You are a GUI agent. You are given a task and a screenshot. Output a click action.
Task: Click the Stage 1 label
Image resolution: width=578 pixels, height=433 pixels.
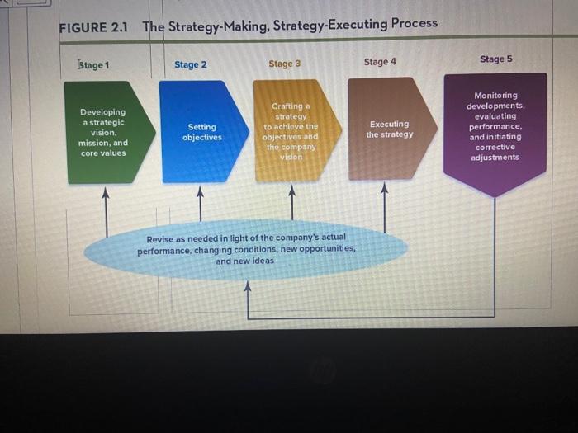[93, 65]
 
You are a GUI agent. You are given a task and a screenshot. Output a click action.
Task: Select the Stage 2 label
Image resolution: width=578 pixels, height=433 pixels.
[190, 64]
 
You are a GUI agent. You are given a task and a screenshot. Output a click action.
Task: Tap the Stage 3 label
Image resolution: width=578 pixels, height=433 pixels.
[285, 64]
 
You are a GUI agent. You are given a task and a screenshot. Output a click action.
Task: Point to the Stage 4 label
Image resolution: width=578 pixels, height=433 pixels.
[380, 62]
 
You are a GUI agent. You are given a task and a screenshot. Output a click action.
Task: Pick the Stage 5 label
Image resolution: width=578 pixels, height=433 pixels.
[495, 59]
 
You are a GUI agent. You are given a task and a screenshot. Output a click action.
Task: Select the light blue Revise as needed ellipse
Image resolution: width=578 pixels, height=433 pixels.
[246, 251]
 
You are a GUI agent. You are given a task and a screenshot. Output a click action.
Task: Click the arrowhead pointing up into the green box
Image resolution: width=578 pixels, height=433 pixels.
[106, 192]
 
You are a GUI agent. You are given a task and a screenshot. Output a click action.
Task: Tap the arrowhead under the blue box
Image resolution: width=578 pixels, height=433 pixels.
[200, 191]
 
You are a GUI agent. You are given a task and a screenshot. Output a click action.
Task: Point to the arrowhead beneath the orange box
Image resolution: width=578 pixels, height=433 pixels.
[292, 190]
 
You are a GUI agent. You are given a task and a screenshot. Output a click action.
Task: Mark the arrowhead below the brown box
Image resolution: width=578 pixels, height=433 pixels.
[385, 188]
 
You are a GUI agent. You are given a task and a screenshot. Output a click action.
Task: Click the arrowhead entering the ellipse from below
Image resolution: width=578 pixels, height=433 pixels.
[248, 286]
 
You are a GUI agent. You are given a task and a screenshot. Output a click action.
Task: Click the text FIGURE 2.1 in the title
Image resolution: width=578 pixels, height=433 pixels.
[93, 27]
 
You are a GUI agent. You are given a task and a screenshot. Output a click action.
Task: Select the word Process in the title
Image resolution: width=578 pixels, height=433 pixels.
[415, 23]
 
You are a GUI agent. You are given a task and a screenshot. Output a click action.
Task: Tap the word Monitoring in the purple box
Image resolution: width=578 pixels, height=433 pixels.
[495, 96]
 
